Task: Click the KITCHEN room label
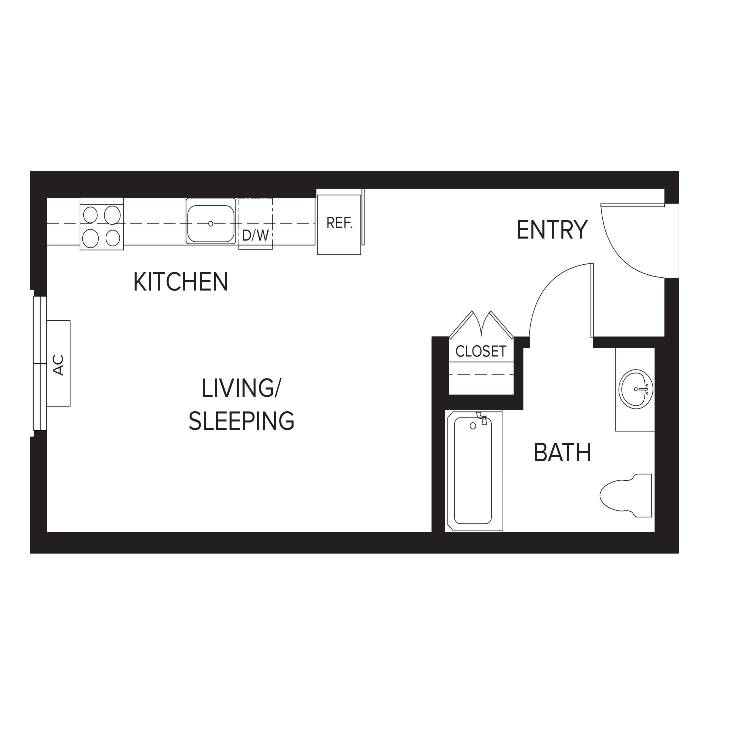[x=181, y=282]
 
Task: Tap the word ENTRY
[x=552, y=230]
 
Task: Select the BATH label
[x=562, y=452]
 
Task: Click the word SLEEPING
[x=242, y=421]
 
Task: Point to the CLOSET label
[x=481, y=351]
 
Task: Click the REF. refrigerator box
[x=339, y=225]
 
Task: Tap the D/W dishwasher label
[x=255, y=235]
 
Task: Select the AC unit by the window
[x=58, y=363]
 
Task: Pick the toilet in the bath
[x=626, y=495]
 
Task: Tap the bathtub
[x=473, y=471]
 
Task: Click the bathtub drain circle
[x=473, y=426]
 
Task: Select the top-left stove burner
[x=90, y=215]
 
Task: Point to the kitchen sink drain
[x=211, y=224]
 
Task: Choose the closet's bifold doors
[x=481, y=325]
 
